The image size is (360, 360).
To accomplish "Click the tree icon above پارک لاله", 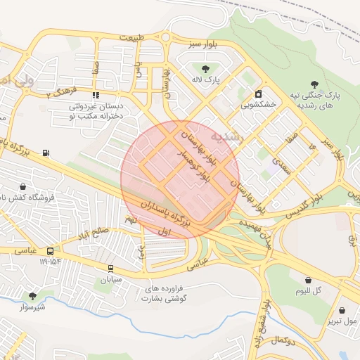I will (x=205, y=69).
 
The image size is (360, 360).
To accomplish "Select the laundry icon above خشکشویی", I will (x=259, y=94).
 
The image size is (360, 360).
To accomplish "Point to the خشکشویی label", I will (x=258, y=104).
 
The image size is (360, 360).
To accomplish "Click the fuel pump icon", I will (x=46, y=153).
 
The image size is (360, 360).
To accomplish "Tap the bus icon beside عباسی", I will (x=50, y=251).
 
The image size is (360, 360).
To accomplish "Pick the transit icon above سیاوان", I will (x=110, y=268).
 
